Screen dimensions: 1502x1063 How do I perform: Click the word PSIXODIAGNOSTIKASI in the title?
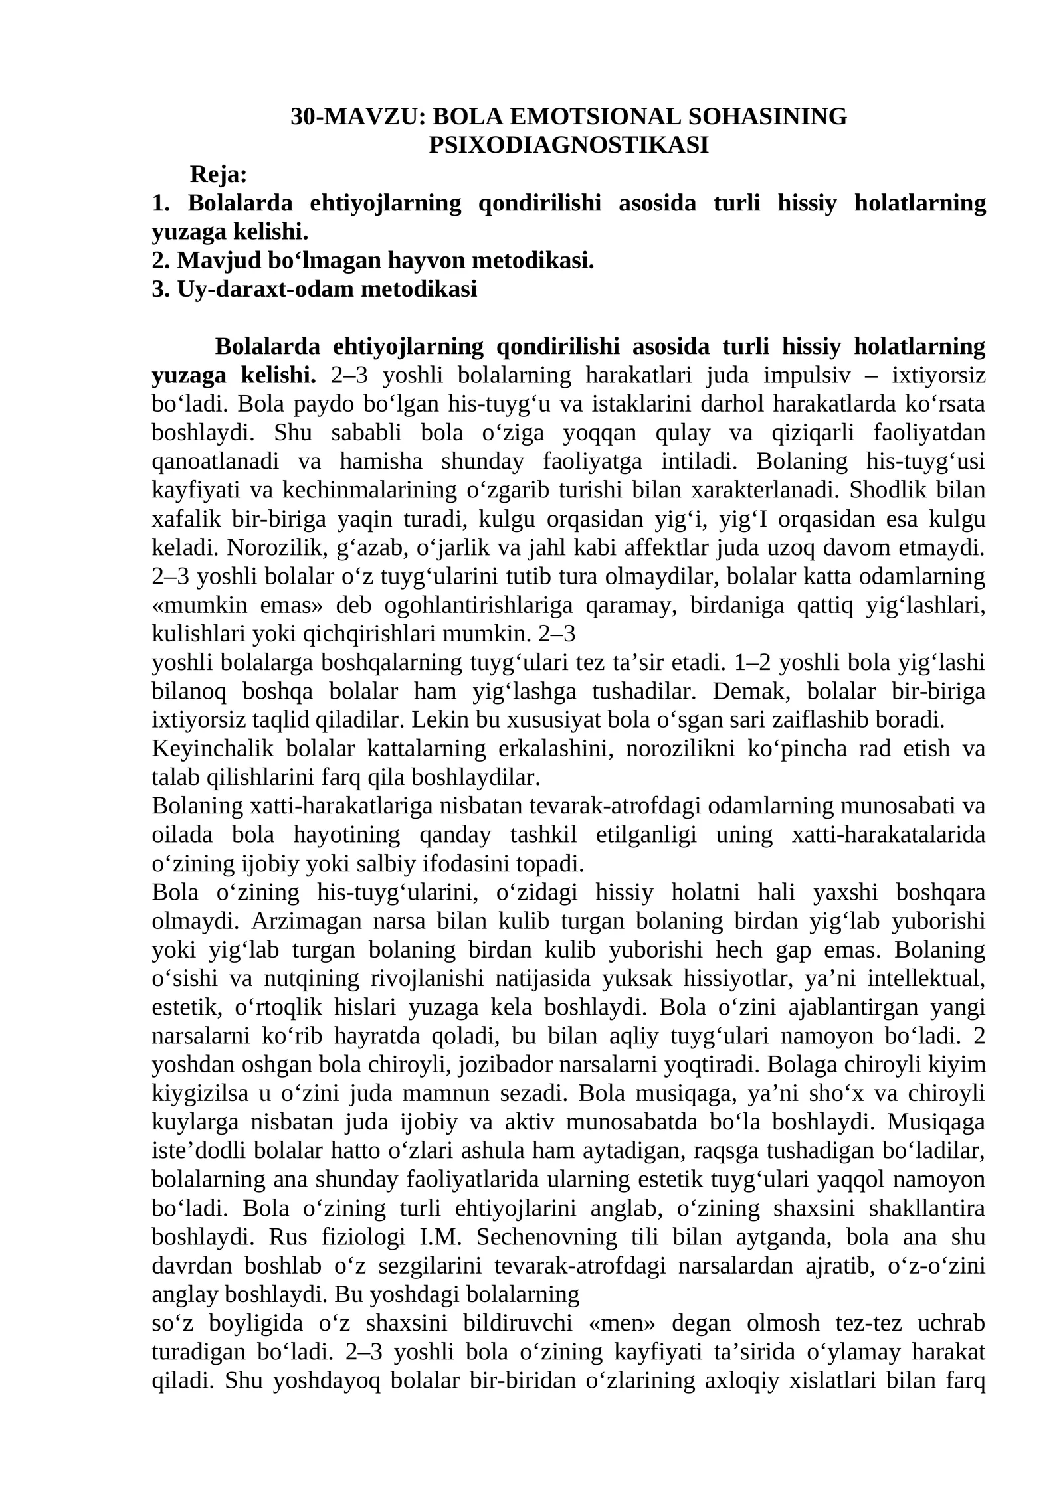[568, 145]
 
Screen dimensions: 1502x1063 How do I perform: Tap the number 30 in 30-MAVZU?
[303, 117]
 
